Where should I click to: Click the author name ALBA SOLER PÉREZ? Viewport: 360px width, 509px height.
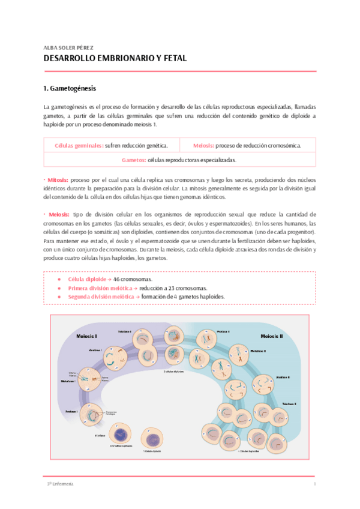pos(69,47)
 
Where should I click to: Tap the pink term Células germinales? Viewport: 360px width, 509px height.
pos(78,146)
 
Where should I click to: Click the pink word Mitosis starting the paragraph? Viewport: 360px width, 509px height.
pos(58,180)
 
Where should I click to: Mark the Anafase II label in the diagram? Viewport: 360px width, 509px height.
pos(283,377)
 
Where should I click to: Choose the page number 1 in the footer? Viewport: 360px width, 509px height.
pos(314,484)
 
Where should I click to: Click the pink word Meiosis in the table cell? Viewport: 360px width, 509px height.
pos(203,146)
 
